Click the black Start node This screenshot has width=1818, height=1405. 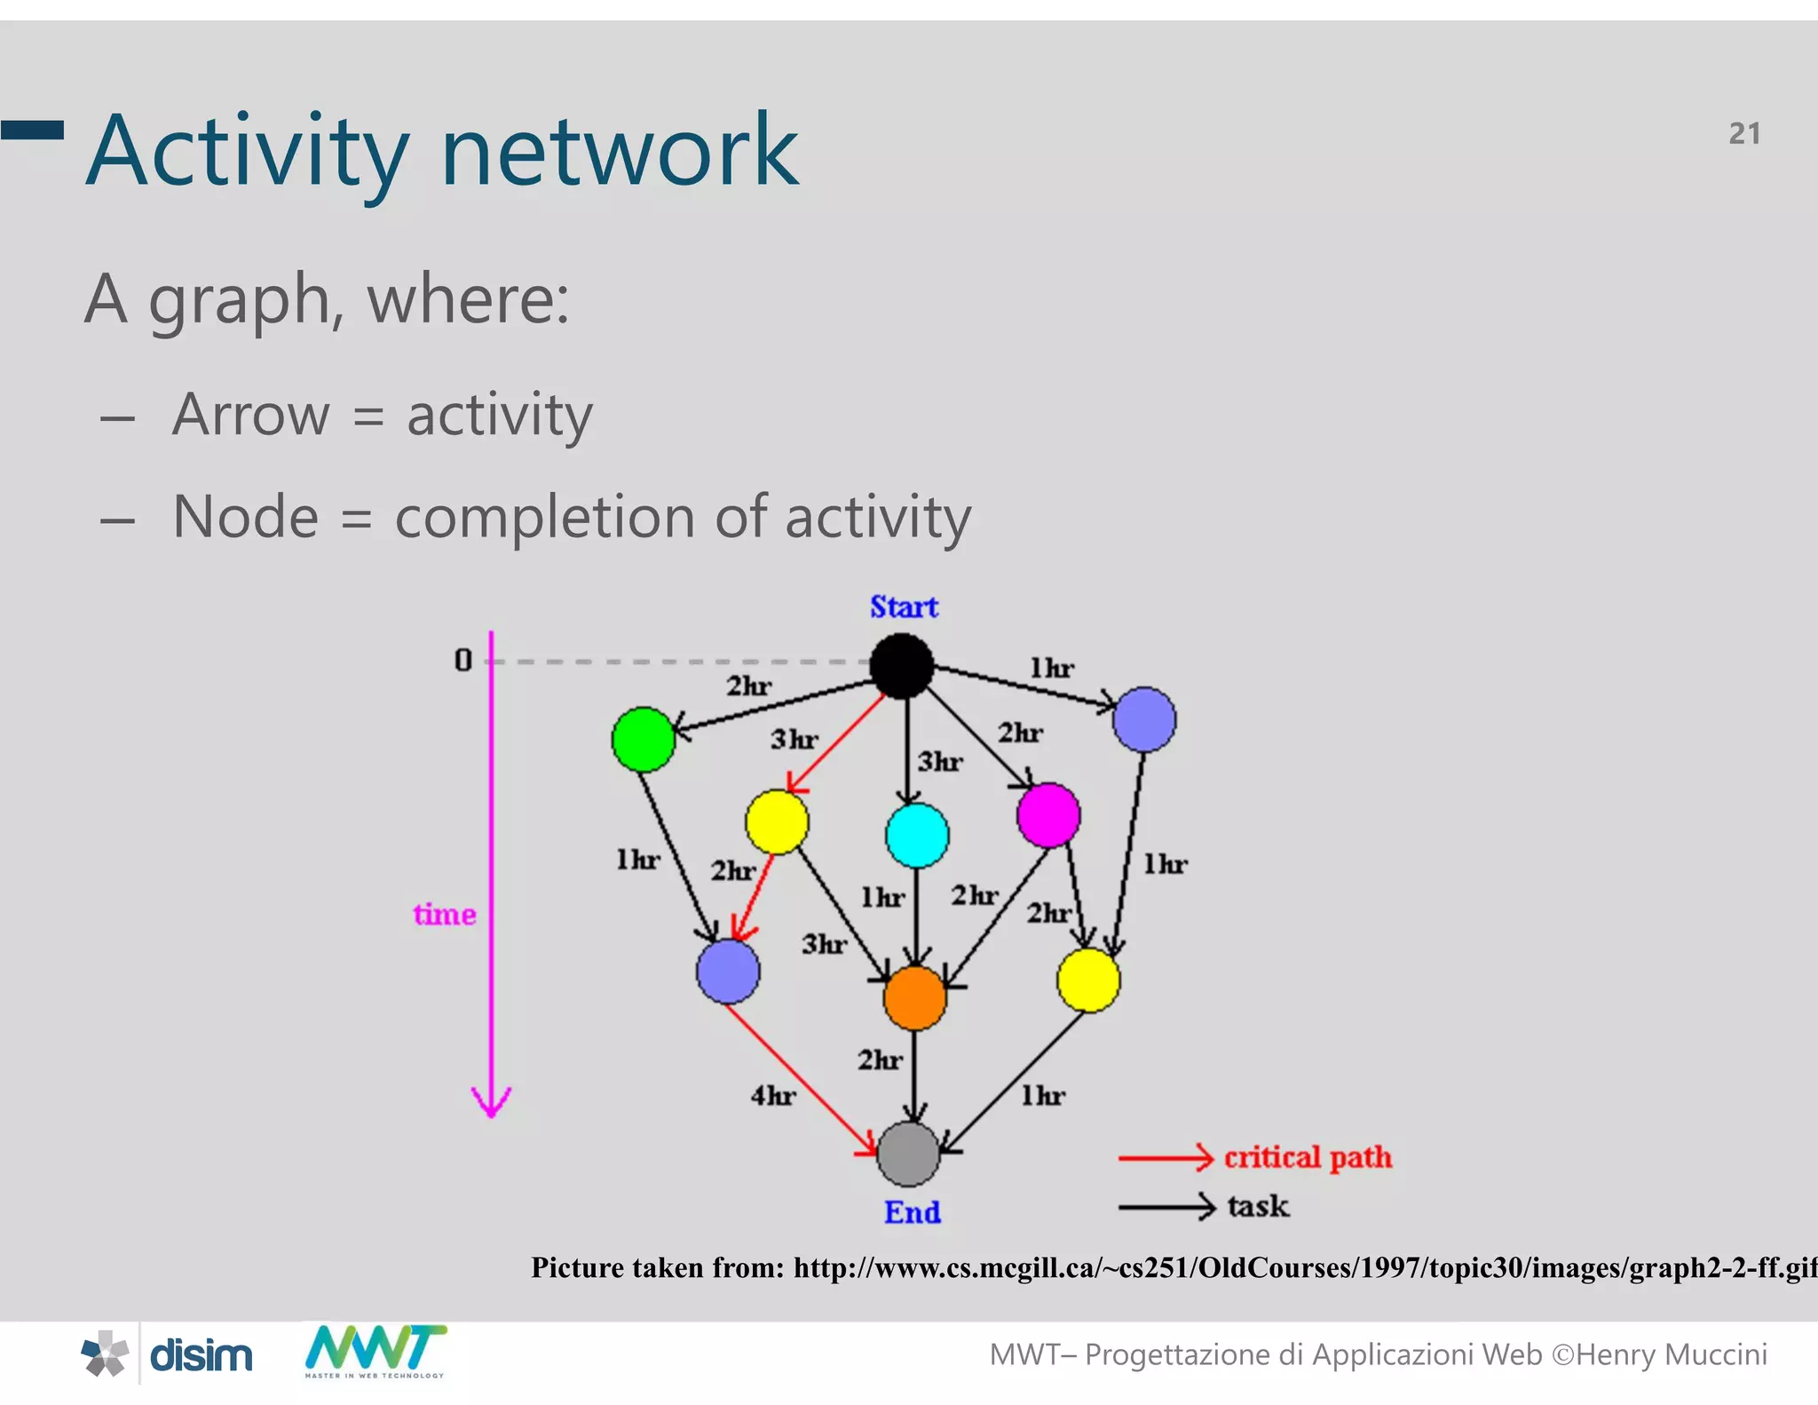pyautogui.click(x=901, y=665)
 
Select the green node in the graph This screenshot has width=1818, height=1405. pyautogui.click(x=643, y=739)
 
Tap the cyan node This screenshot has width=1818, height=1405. pyautogui.click(x=917, y=835)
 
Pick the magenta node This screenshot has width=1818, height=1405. pyautogui.click(x=1048, y=814)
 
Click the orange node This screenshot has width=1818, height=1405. pyautogui.click(x=914, y=997)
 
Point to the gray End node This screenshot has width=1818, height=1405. pyautogui.click(x=908, y=1154)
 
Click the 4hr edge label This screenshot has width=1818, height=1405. pyautogui.click(x=773, y=1095)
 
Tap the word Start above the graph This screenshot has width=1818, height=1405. pyautogui.click(x=904, y=607)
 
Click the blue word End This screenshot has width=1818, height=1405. pyautogui.click(x=912, y=1211)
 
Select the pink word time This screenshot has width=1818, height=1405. pyautogui.click(x=444, y=914)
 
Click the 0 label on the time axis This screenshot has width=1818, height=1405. pyautogui.click(x=462, y=660)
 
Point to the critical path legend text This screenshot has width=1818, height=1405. pyautogui.click(x=1308, y=1157)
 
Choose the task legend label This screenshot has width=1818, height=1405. pyautogui.click(x=1258, y=1206)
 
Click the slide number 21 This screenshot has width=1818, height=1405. pyautogui.click(x=1743, y=133)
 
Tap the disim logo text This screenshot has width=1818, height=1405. pyautogui.click(x=201, y=1355)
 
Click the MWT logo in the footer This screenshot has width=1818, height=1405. pyautogui.click(x=375, y=1351)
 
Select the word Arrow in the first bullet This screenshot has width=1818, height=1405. pyautogui.click(x=250, y=415)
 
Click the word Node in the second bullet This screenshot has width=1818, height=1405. pyautogui.click(x=246, y=517)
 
